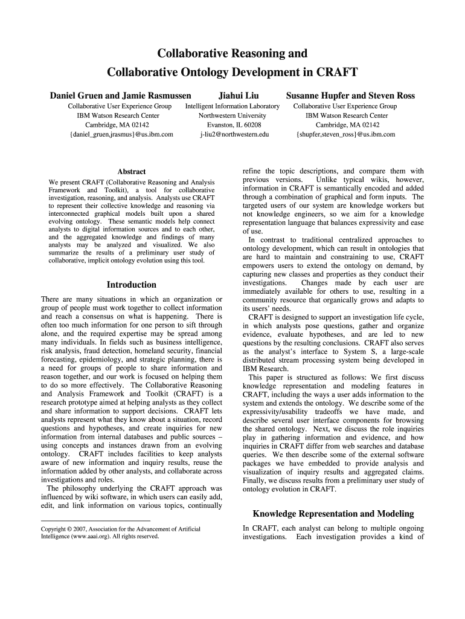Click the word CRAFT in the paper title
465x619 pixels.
coord(333,73)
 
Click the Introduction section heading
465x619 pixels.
coord(131,285)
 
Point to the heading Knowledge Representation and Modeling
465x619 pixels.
coord(333,514)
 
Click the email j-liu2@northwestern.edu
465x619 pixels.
coord(234,134)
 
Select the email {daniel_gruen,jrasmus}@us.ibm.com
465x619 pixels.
coord(121,134)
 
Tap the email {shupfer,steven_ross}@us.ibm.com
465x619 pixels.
coord(346,134)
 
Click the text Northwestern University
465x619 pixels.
coord(232,115)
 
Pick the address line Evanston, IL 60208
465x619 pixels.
coord(232,125)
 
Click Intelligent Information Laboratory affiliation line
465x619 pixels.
coord(232,106)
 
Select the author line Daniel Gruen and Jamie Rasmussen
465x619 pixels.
coord(120,96)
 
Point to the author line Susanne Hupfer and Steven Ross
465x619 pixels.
coord(350,96)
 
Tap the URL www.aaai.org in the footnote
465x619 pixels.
coord(94,536)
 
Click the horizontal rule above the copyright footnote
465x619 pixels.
coord(95,520)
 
